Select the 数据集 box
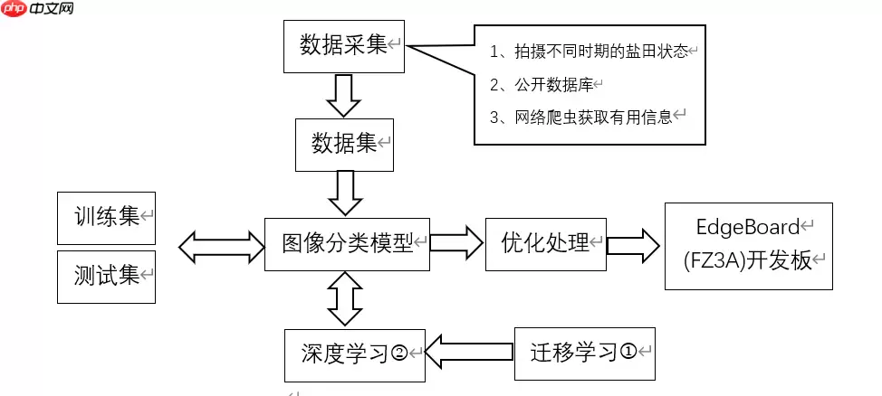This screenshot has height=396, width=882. pyautogui.click(x=345, y=144)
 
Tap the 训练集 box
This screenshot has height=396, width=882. pyautogui.click(x=106, y=217)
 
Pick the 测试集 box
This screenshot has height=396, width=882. pyautogui.click(x=106, y=276)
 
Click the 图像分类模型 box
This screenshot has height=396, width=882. pyautogui.click(x=347, y=243)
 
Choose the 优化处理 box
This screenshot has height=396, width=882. pyautogui.click(x=545, y=243)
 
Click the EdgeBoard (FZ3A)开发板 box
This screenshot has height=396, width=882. pyautogui.click(x=747, y=245)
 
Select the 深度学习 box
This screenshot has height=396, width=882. pyautogui.click(x=354, y=352)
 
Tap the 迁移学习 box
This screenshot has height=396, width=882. pyautogui.click(x=584, y=352)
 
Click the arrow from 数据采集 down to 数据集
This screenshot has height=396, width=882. pyautogui.click(x=343, y=95)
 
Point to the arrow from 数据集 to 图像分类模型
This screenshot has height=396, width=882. pyautogui.click(x=344, y=192)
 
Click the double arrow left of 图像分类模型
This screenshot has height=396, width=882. pyautogui.click(x=220, y=244)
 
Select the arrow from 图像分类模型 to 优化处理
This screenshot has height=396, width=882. pyautogui.click(x=456, y=242)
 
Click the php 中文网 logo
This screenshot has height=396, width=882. pyautogui.click(x=38, y=11)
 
